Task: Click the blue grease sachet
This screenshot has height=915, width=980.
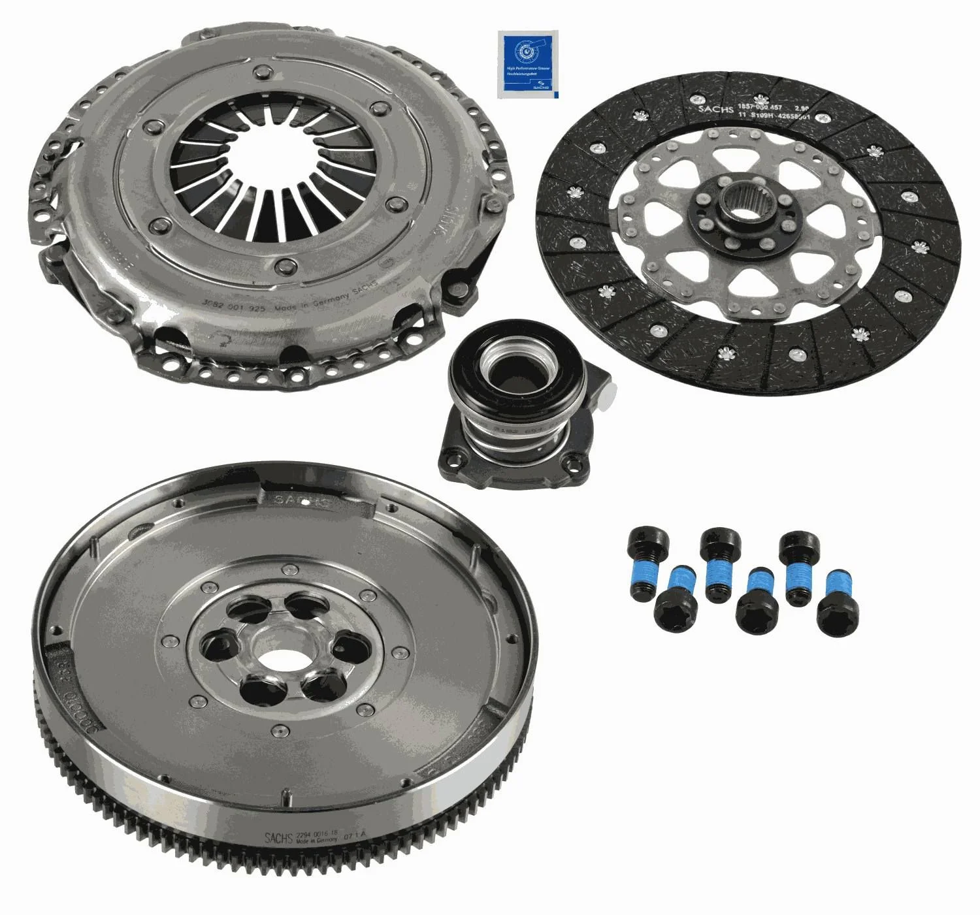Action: (x=529, y=65)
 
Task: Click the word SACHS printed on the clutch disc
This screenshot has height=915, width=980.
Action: (x=715, y=108)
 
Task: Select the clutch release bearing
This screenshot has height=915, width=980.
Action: (x=519, y=405)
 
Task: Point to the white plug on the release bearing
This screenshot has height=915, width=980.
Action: (x=610, y=393)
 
